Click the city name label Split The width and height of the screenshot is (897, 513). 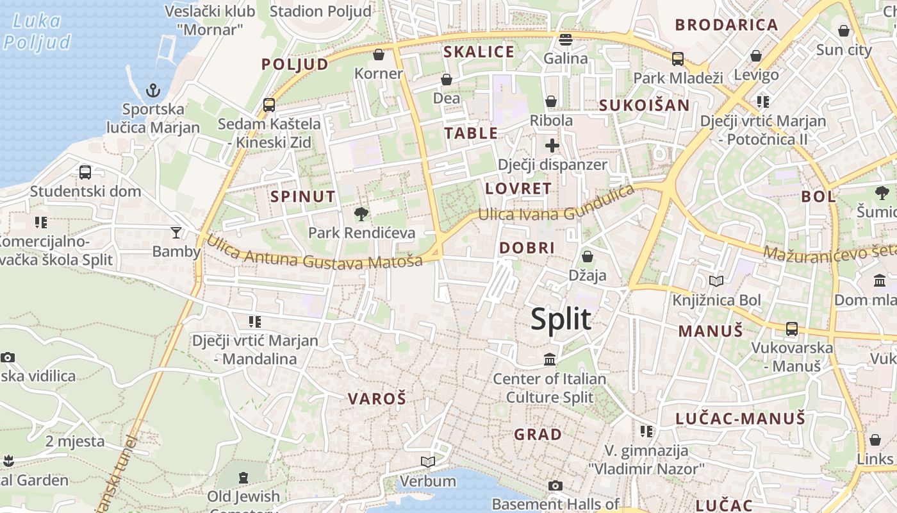coord(561,319)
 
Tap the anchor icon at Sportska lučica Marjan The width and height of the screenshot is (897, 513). coord(152,90)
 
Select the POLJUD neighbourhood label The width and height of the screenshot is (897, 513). coord(295,64)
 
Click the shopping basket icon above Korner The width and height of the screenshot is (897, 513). coord(379,55)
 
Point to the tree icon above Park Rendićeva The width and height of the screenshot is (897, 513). coord(361,214)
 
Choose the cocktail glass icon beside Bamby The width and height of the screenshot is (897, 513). coord(176,231)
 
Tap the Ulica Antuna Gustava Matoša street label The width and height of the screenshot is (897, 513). coord(314,253)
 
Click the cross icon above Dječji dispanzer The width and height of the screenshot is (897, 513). coord(552,146)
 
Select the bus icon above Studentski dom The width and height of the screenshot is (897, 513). coord(85,172)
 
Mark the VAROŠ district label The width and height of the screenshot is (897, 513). coord(377,399)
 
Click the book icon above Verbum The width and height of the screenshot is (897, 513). coord(427,462)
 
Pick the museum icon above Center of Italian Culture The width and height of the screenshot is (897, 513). coord(550,360)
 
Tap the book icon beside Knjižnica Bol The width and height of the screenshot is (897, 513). coord(716,281)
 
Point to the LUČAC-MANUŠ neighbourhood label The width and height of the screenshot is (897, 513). coord(740,419)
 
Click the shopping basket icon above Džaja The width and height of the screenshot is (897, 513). coord(587,257)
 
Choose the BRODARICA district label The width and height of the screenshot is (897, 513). coord(726,25)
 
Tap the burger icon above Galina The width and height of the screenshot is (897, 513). coord(565,40)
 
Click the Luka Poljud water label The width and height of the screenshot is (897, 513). coord(37,31)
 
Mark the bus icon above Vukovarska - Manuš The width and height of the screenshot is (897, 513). coord(792,329)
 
